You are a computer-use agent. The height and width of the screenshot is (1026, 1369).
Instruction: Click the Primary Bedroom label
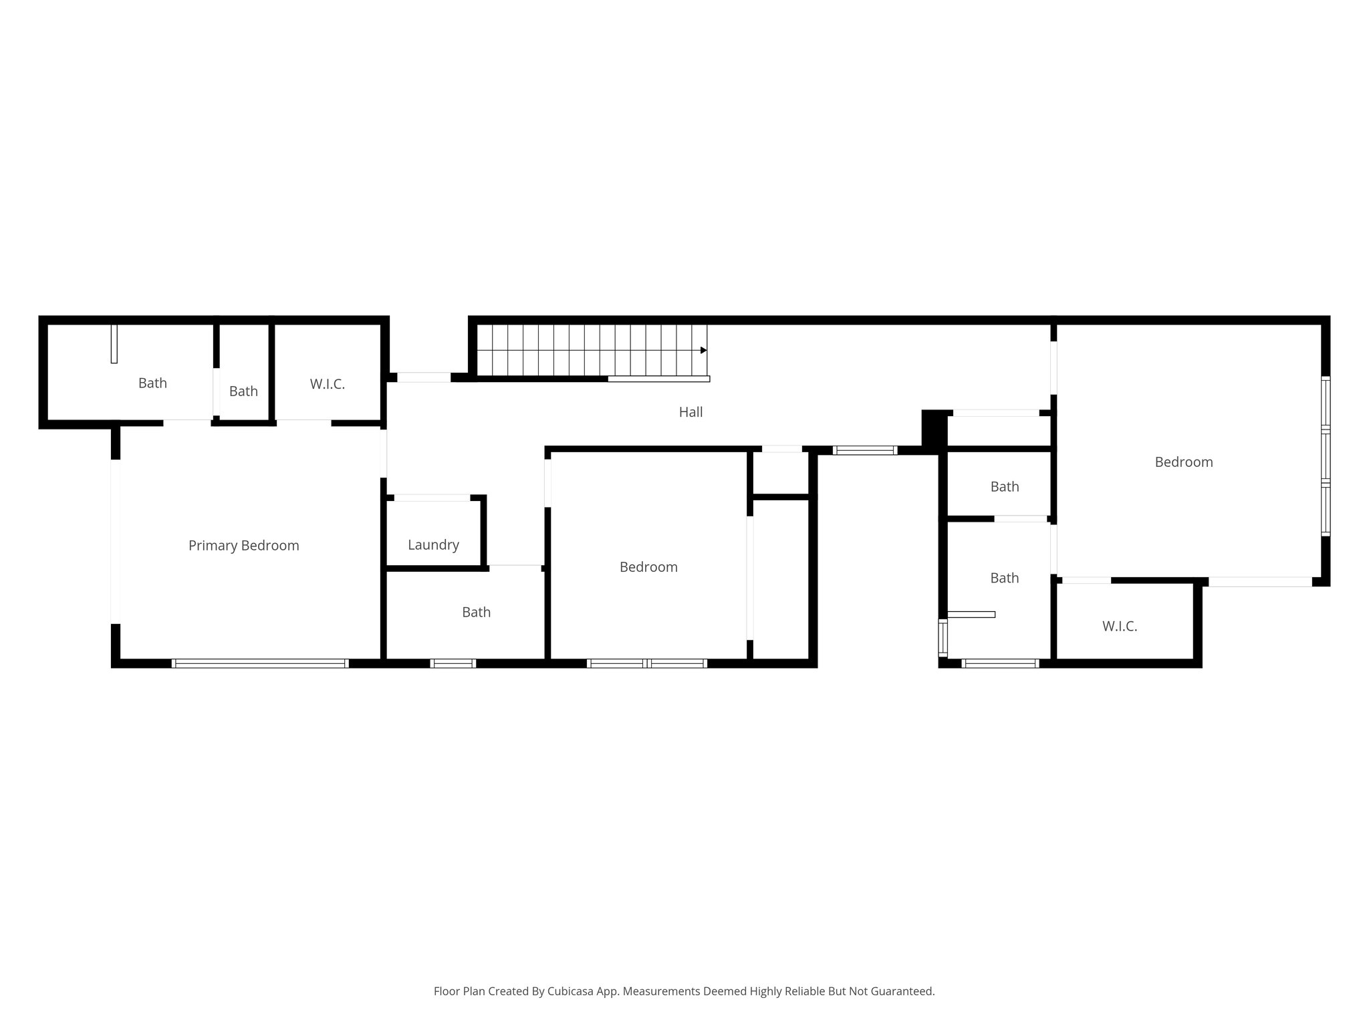[243, 546]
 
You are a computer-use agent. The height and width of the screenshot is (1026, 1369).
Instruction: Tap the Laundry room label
[433, 545]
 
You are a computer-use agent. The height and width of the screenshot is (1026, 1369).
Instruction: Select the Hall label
[691, 412]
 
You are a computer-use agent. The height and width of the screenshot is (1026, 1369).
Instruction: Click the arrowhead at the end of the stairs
[703, 350]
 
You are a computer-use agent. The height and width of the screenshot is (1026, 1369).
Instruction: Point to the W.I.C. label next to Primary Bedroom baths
[327, 384]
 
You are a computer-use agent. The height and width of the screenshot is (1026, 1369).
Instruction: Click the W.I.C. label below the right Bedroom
[1119, 627]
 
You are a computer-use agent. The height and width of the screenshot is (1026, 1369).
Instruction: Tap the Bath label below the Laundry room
[476, 613]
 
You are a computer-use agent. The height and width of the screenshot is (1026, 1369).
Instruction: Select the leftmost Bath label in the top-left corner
[152, 383]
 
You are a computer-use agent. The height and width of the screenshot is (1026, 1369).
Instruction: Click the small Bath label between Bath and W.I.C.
[243, 391]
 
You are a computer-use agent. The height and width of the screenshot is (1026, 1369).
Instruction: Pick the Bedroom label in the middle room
[648, 567]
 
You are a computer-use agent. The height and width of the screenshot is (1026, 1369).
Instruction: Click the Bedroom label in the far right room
[1183, 462]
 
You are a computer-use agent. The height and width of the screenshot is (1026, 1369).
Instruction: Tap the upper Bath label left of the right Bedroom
[1004, 487]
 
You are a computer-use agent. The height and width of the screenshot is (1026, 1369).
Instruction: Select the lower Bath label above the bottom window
[1004, 578]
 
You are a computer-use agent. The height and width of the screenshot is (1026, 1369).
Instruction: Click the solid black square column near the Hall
[934, 428]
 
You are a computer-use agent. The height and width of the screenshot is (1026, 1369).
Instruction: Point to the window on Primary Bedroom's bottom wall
[260, 663]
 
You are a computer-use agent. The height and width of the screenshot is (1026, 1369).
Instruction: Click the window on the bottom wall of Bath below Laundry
[453, 663]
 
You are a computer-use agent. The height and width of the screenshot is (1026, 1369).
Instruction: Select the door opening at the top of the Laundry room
[432, 498]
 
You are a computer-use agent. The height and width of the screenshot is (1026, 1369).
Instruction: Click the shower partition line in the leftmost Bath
[114, 344]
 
